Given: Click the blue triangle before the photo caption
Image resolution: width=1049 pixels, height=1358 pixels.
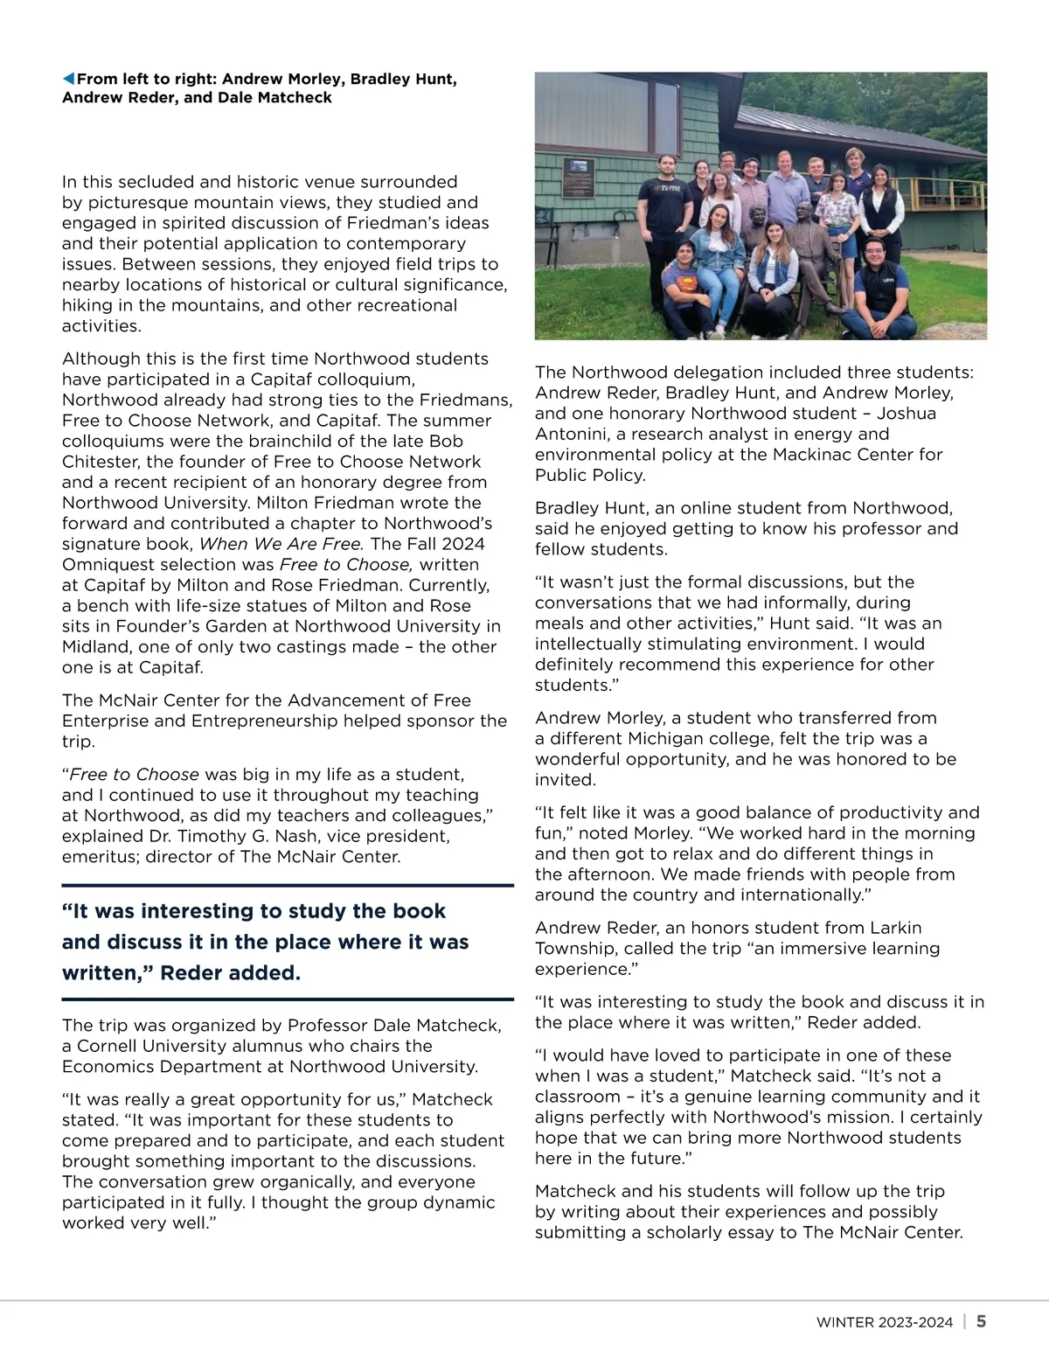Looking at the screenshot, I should coord(69,80).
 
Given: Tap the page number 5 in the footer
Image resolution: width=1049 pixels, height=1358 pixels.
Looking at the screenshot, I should coord(982,1321).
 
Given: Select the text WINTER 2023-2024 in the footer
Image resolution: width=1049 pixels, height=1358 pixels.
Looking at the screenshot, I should coord(885,1322).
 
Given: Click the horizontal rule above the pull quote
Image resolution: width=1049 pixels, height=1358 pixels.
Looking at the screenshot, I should coord(288,885).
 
